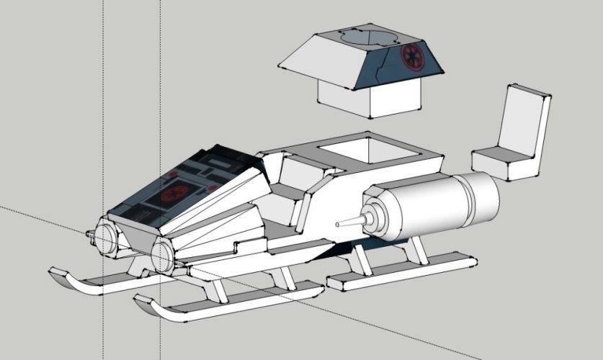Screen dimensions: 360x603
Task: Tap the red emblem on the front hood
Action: tap(174, 194)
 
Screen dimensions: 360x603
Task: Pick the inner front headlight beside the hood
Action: tap(161, 253)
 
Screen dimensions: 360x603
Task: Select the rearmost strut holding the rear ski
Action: tap(415, 248)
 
